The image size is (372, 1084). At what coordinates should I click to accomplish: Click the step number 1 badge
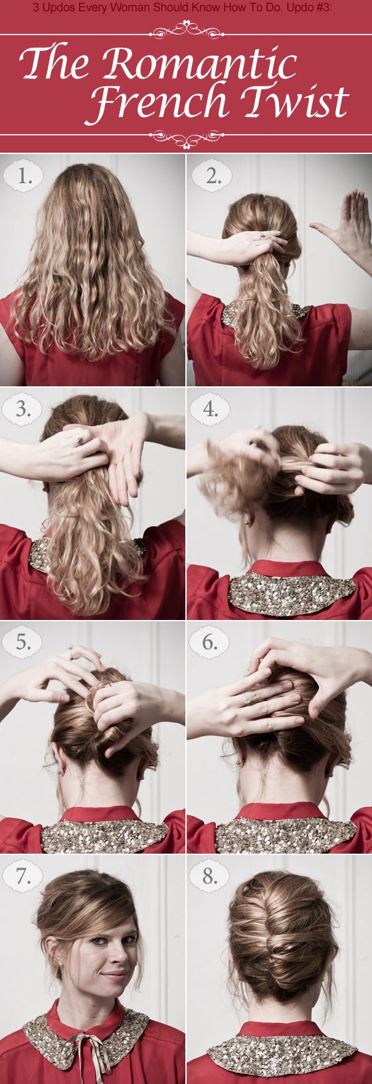23,176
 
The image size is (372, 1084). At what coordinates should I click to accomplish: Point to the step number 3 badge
23,410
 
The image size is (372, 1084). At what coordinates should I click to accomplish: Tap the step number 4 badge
210,410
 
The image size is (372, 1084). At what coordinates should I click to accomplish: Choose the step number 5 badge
23,642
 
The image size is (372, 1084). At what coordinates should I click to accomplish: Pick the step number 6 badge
210,642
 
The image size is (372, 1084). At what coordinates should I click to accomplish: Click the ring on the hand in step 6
247,698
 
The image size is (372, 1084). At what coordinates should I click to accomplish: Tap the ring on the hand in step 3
79,439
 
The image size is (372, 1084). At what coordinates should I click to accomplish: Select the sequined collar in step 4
291,593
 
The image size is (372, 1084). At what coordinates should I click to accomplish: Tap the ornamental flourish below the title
186,138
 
